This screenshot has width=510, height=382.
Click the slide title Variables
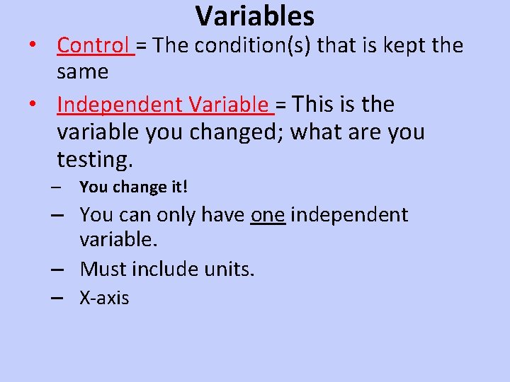[x=255, y=16]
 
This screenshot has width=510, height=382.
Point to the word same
[x=82, y=71]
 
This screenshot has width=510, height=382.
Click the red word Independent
[x=120, y=105]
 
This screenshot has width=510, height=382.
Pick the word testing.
[x=94, y=161]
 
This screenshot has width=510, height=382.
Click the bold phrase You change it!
[x=134, y=187]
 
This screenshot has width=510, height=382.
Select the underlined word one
[x=268, y=214]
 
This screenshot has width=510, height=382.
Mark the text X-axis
[x=105, y=298]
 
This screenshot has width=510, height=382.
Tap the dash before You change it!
[x=56, y=188]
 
